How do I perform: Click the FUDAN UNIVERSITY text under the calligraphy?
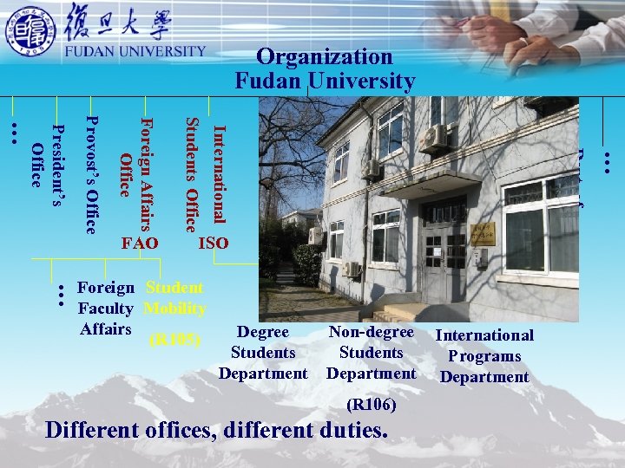coord(136,51)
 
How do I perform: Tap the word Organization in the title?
coord(325,57)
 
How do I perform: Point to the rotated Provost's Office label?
coord(92,174)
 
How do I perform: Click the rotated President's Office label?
coord(47,156)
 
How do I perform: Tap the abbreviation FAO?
coord(141,244)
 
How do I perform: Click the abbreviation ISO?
coord(214,244)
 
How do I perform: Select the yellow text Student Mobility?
coord(174,297)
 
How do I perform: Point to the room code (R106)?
coord(371,404)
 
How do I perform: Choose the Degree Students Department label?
coord(263,353)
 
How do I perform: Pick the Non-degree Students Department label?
coord(371,353)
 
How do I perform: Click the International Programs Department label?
coord(484,355)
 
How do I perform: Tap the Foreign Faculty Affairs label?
coord(106,308)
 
